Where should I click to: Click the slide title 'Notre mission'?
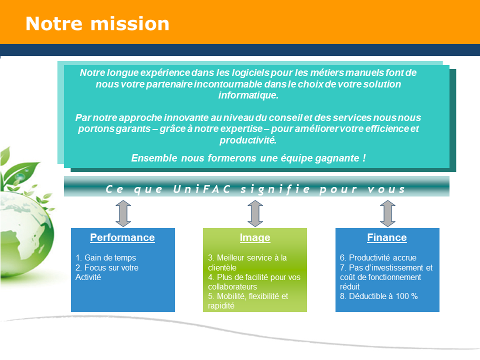pyautogui.click(x=97, y=24)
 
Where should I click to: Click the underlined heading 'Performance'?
pyautogui.click(x=122, y=237)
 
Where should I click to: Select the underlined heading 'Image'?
pyautogui.click(x=255, y=237)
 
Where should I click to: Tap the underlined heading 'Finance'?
pyautogui.click(x=387, y=237)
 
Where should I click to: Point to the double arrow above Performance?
pyautogui.click(x=122, y=213)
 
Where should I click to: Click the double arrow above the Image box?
pyautogui.click(x=255, y=213)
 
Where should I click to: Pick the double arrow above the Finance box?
pyautogui.click(x=387, y=213)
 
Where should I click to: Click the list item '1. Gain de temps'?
pyautogui.click(x=105, y=258)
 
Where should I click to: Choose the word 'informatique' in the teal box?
pyautogui.click(x=248, y=95)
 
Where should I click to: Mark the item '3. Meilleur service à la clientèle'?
pyautogui.click(x=247, y=262)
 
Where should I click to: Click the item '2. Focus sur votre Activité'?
pyautogui.click(x=107, y=272)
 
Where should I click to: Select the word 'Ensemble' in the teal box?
pyautogui.click(x=153, y=158)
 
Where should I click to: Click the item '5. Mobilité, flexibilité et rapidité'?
pyautogui.click(x=248, y=300)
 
